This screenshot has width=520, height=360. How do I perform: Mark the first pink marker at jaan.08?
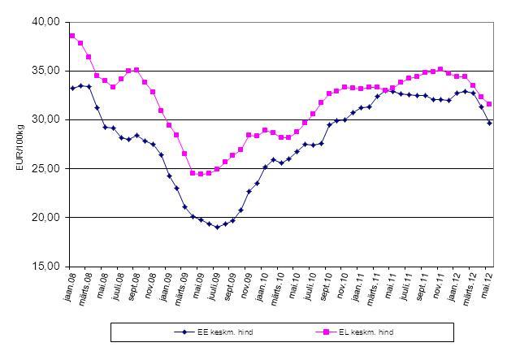72,36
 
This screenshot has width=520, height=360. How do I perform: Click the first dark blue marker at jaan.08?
72,88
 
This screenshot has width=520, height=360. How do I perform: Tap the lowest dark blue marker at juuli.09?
217,227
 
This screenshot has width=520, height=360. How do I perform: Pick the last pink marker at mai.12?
489,104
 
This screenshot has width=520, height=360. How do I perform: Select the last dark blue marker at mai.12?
489,123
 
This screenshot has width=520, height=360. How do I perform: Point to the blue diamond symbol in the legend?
184,332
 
